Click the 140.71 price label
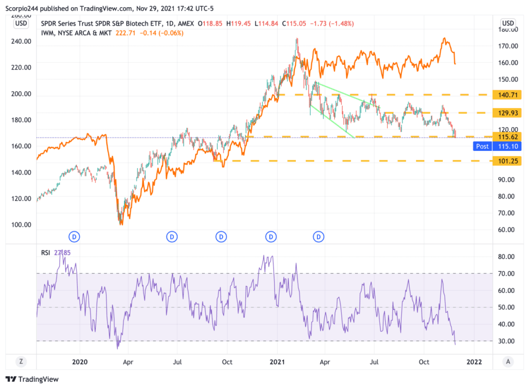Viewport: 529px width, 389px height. click(508, 95)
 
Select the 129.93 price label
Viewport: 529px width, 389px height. click(508, 113)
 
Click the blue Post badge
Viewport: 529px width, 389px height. click(482, 146)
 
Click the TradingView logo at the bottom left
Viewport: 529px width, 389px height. click(32, 379)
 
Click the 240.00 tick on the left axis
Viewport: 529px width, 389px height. click(21, 42)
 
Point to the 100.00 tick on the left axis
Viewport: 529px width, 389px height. click(21, 225)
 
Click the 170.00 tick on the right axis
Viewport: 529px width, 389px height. click(508, 46)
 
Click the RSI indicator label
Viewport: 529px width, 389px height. click(45, 252)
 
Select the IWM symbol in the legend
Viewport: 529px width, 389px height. click(48, 33)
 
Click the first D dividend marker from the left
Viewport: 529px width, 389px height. click(74, 236)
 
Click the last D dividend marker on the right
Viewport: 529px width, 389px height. click(319, 236)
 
